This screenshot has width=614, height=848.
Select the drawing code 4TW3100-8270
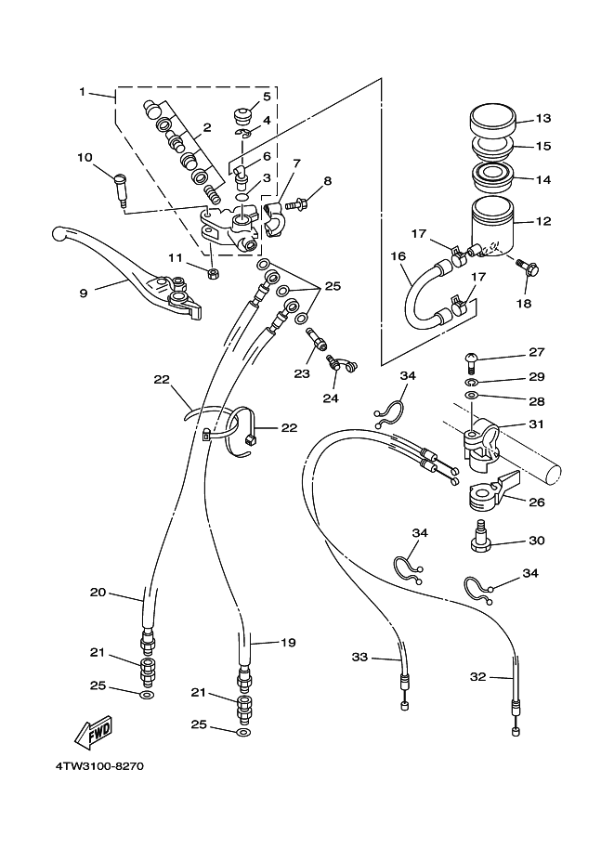point(99,766)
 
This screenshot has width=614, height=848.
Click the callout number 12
point(543,221)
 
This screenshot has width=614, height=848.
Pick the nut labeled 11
point(213,273)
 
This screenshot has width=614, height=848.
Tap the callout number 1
point(83,92)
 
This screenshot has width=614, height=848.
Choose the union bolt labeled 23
point(316,340)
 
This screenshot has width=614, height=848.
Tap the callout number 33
point(359,657)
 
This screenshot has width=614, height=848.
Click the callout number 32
point(477,676)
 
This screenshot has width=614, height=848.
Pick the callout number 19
point(288,643)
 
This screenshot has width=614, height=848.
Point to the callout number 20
point(98,593)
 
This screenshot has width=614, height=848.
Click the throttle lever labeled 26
point(492,490)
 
